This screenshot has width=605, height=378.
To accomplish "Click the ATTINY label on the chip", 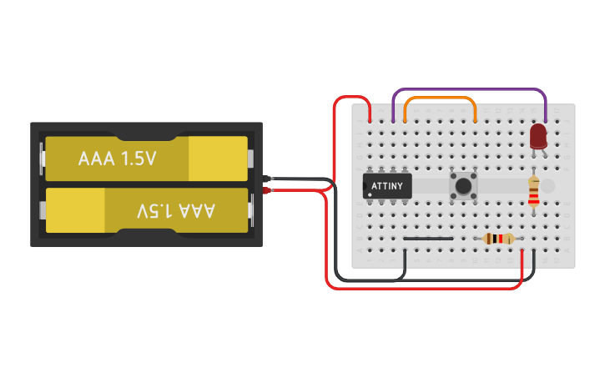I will point(387,185).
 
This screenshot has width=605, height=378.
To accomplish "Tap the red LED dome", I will point(538,135).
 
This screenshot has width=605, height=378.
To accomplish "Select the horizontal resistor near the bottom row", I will point(499,239).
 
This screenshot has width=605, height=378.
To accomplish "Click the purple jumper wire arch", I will point(469,89).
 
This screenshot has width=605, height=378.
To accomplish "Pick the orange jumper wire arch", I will point(440,98).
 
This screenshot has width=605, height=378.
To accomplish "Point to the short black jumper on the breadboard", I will point(428,239).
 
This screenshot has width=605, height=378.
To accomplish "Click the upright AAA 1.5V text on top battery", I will point(117,159).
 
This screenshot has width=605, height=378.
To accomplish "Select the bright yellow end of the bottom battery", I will point(75,210).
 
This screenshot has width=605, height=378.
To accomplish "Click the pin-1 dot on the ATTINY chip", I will point(369,194).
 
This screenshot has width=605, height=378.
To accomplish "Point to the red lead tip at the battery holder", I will point(268,192).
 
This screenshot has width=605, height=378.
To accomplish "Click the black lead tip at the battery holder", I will point(268,179).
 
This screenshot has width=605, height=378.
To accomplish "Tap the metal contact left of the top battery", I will point(41,159).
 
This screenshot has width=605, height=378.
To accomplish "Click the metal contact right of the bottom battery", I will point(252,210).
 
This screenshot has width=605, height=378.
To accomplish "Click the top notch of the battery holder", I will point(147,134).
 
